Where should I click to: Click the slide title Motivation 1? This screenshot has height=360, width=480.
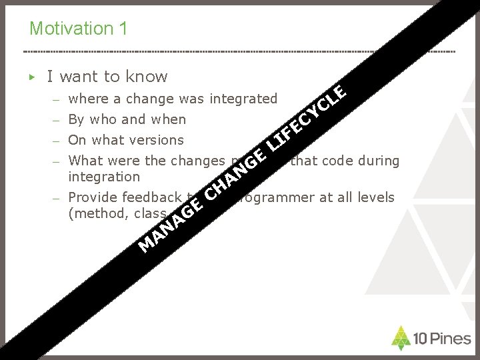coord(79,29)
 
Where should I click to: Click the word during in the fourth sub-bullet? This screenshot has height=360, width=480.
coord(376,160)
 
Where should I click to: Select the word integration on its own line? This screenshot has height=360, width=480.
coord(104,177)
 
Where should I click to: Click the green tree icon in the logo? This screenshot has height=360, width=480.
coord(400,338)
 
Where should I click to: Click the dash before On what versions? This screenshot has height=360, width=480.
coord(58,141)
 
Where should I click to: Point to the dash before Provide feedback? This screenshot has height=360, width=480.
coord(58,198)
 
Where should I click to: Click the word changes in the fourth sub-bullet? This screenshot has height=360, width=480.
coord(197,160)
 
